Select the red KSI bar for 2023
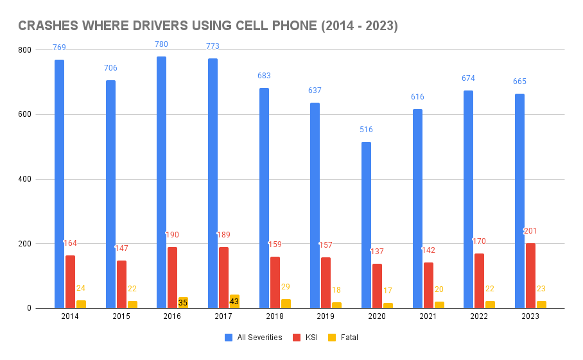click(x=530, y=276)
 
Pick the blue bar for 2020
click(x=366, y=225)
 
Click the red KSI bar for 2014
click(x=70, y=282)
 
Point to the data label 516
click(x=366, y=130)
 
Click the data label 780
click(x=161, y=44)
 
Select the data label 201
click(x=530, y=231)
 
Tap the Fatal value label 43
click(x=234, y=301)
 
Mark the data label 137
click(x=377, y=252)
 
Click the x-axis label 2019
click(x=326, y=317)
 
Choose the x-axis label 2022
click(x=479, y=317)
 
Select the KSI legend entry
click(x=308, y=338)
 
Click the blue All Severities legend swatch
click(x=229, y=338)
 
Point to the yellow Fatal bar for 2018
click(x=285, y=304)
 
